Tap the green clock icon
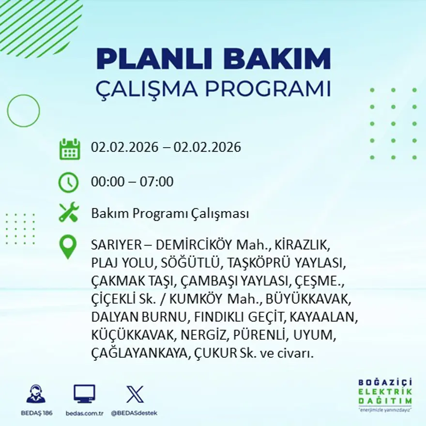tap(68, 183)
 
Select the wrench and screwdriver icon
tap(69, 213)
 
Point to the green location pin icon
tap(68, 246)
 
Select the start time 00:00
tap(107, 182)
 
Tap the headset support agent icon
tap(36, 394)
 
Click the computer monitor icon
tap(84, 394)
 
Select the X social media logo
tap(135, 394)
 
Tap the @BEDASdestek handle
tap(134, 413)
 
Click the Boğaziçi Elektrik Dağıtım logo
tap(385, 395)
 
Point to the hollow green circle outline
tap(23, 111)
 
